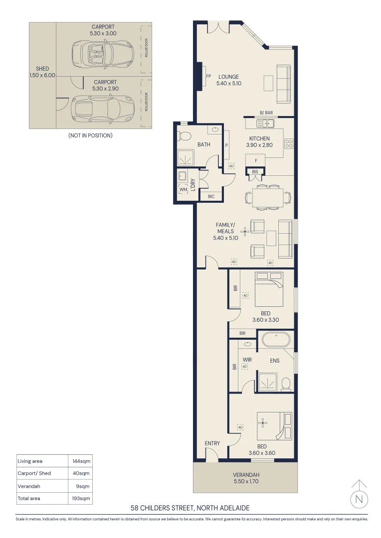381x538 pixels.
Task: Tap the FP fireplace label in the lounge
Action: (209, 76)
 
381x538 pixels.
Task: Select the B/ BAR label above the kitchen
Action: (266, 113)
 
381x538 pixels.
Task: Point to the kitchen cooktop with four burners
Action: (289, 143)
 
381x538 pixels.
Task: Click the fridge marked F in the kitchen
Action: (256, 161)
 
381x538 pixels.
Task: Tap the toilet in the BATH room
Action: (185, 135)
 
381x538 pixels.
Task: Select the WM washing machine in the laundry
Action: (183, 190)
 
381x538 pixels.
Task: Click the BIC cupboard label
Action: (211, 196)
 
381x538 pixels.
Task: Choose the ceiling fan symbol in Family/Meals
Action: (245, 231)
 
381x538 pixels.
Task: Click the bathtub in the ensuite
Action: (276, 341)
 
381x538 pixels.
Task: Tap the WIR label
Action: (247, 359)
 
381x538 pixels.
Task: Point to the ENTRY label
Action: (212, 443)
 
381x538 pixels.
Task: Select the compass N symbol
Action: (359, 499)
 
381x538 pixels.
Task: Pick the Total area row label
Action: (29, 498)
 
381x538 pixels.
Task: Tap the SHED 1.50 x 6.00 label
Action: (42, 72)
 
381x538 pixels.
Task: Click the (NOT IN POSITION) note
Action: (90, 135)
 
